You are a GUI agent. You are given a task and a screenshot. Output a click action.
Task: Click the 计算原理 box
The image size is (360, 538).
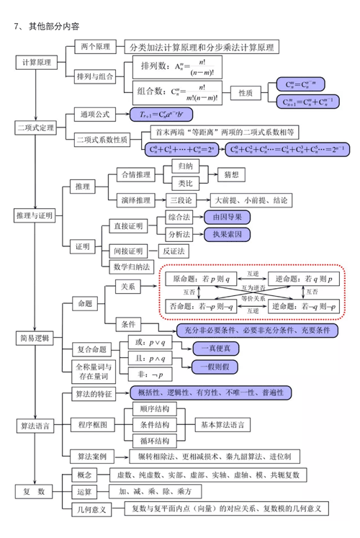pos(36,63)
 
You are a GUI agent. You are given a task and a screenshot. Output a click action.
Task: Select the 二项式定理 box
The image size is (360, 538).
pos(36,127)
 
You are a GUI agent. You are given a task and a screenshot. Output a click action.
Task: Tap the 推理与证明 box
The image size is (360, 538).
pos(36,215)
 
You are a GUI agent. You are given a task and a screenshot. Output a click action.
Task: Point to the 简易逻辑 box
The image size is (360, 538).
pos(36,338)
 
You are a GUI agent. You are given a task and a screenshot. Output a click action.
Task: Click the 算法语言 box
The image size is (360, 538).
pos(36,426)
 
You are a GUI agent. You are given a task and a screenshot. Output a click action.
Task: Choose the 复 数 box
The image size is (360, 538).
pos(36,492)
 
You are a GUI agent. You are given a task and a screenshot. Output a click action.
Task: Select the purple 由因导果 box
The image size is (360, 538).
pos(228,216)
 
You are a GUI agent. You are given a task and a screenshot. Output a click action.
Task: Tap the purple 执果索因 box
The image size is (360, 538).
pos(228,234)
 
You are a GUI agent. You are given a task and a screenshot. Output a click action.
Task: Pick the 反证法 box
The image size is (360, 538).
pos(174,251)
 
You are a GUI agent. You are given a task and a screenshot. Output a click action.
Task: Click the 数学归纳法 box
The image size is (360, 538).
pos(132,266)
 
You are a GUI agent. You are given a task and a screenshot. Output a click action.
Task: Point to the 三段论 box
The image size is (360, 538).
pos(180,199)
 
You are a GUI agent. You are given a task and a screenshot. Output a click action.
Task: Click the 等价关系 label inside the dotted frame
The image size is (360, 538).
pos(253,297)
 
